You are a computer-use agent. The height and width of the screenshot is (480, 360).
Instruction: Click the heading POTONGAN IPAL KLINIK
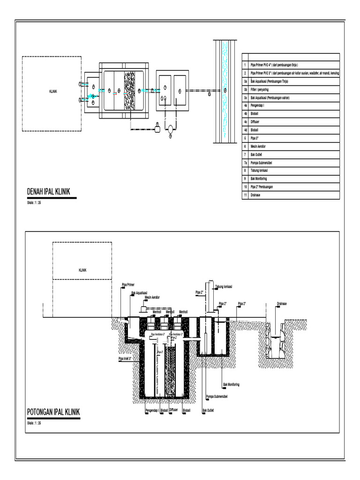pos(54,412)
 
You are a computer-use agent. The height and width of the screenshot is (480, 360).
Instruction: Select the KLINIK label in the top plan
pos(53,92)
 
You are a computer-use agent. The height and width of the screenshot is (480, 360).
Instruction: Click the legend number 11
pos(245,195)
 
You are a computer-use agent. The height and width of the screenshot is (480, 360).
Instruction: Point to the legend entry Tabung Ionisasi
pos(262,171)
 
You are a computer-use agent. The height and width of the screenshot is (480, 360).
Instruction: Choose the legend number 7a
pos(245,162)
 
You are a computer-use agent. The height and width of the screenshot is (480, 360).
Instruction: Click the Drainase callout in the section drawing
pos(282,303)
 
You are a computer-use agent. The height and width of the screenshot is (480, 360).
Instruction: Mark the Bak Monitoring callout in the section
pos(231,384)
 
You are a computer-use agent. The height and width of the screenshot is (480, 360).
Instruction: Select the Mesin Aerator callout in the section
pos(152,297)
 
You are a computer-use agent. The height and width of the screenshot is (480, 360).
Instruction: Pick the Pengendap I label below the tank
pos(152,410)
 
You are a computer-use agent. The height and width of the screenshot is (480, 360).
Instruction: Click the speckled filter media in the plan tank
pos(129,91)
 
